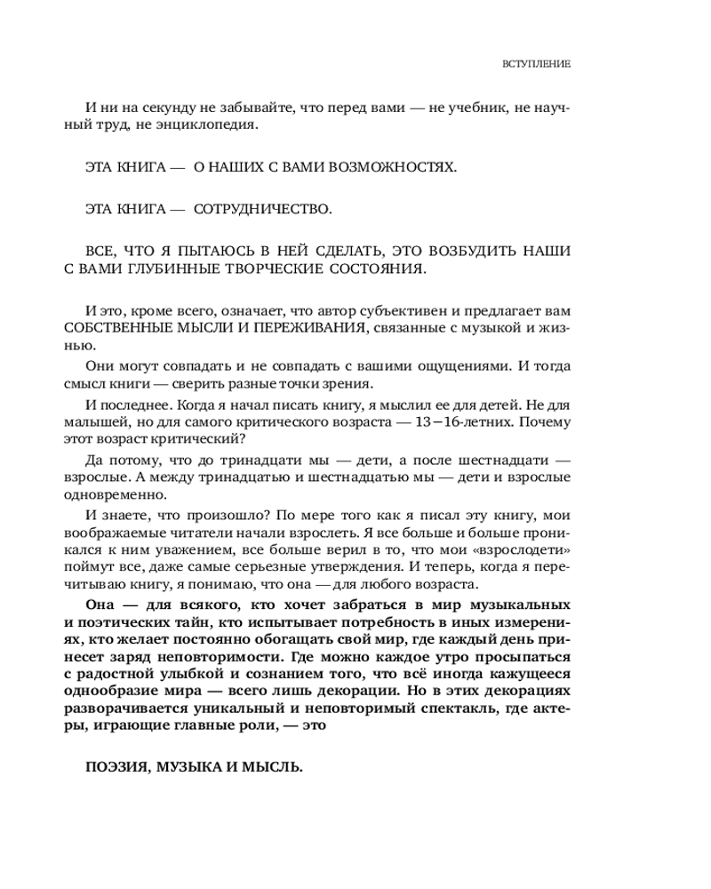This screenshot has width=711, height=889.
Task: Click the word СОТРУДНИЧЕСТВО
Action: [x=261, y=210]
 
